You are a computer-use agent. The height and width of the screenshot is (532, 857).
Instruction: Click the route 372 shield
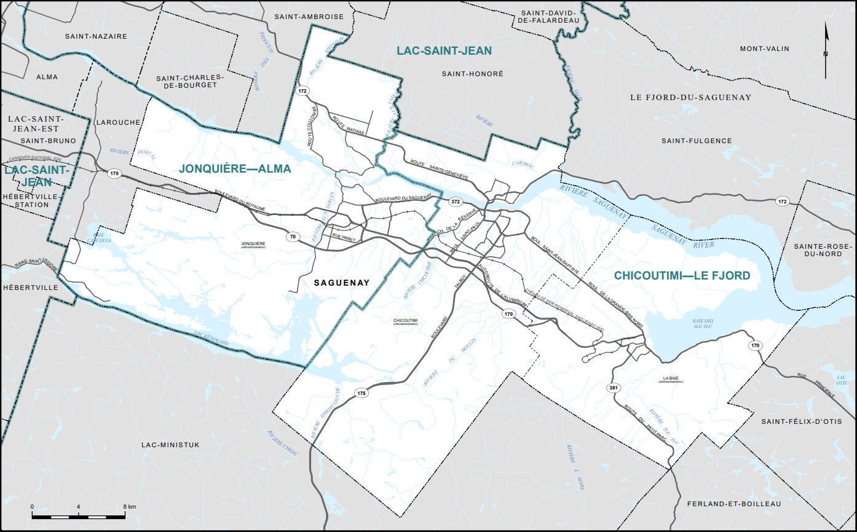pyautogui.click(x=455, y=201)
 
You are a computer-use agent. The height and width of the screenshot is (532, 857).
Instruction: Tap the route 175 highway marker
pyautogui.click(x=361, y=393)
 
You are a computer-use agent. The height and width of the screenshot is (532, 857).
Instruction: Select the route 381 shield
pyautogui.click(x=613, y=388)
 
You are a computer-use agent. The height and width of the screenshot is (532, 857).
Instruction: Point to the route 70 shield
pyautogui.click(x=293, y=237)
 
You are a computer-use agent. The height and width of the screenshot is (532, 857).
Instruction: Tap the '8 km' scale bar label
pyautogui.click(x=129, y=506)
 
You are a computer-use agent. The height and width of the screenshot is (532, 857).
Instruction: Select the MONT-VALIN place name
pyautogui.click(x=764, y=49)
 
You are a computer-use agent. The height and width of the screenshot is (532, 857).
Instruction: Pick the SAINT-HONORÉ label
pyautogui.click(x=472, y=73)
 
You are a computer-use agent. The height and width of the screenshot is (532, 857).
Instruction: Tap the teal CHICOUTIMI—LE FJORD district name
pyautogui.click(x=682, y=276)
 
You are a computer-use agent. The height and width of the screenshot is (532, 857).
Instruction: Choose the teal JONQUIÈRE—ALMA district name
pyautogui.click(x=234, y=168)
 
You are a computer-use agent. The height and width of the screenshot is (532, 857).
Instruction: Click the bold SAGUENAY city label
pyautogui.click(x=341, y=283)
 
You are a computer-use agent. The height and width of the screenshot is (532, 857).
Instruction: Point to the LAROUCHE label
pyautogui.click(x=118, y=122)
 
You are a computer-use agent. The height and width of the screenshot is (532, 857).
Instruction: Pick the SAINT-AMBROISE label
pyautogui.click(x=309, y=17)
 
